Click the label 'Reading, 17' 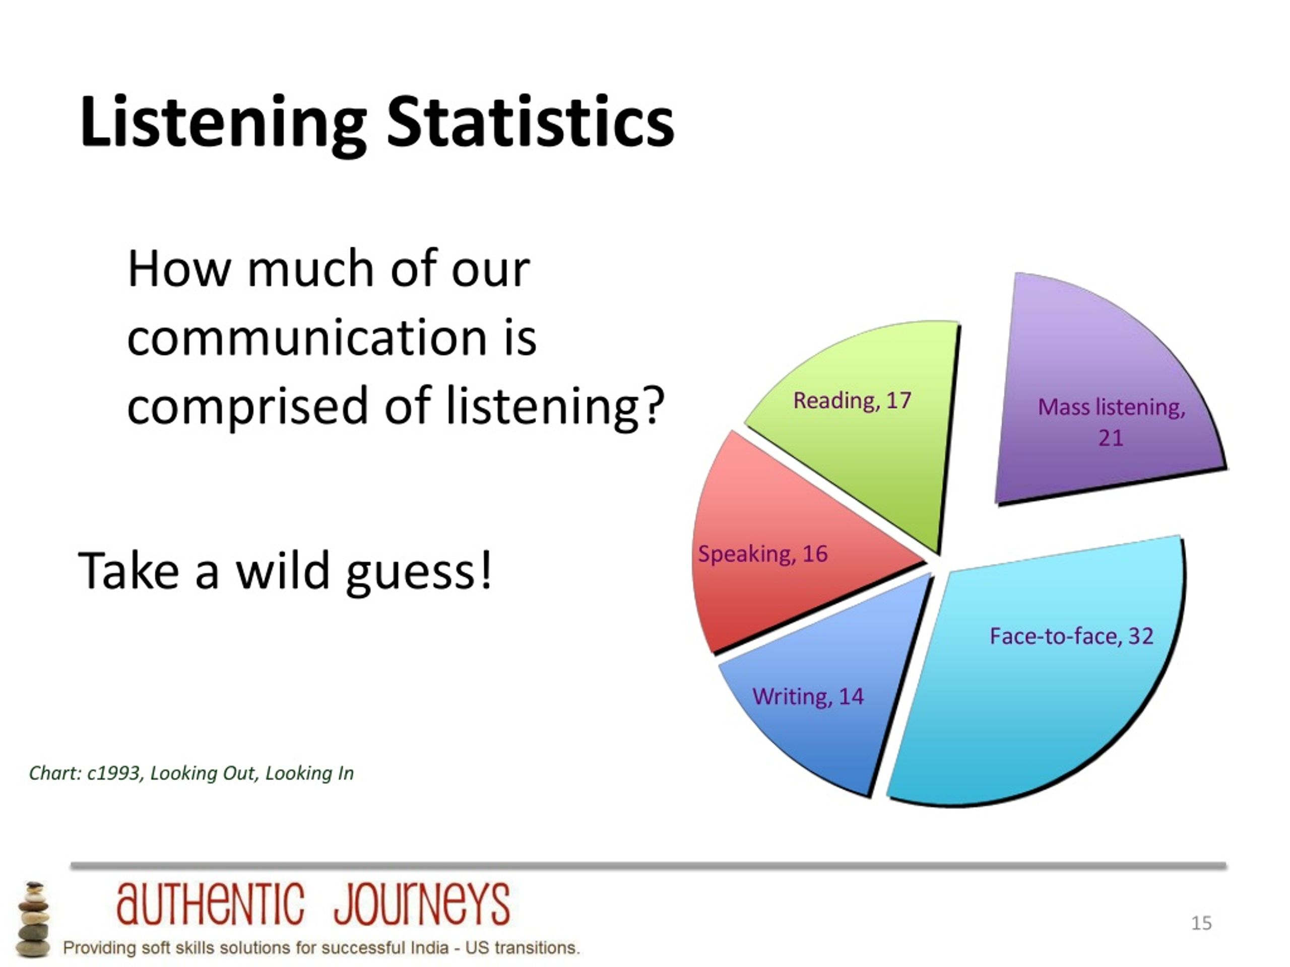(852, 400)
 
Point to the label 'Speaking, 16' (763, 554)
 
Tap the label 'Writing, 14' (808, 697)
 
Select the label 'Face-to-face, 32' (1071, 636)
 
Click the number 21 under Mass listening (1111, 438)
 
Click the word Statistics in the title (530, 123)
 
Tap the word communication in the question (307, 337)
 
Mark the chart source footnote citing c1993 (191, 774)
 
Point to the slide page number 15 (1201, 923)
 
